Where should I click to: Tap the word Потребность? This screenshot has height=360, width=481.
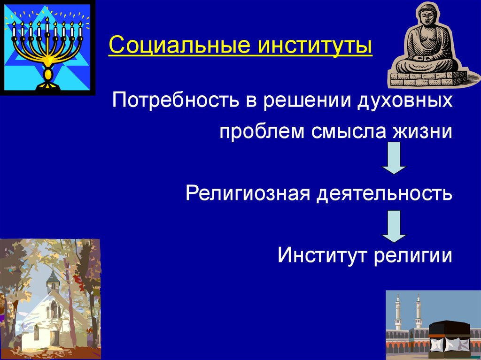pos(175,100)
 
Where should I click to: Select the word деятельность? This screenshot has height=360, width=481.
pos(385,194)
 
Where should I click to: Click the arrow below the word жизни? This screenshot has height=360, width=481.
pos(394,158)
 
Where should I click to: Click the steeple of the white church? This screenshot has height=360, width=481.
pos(53,279)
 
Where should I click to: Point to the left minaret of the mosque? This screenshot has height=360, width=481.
pos(398,311)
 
